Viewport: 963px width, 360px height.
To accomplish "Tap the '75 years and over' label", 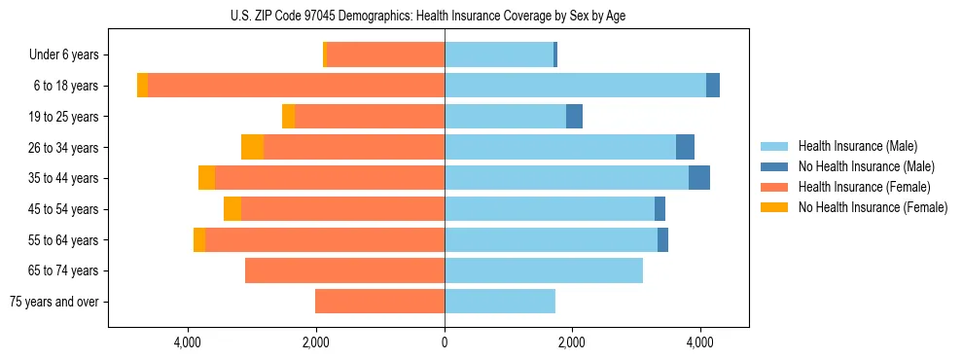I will coord(54,302).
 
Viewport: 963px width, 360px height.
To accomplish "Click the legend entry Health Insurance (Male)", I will coord(857,146).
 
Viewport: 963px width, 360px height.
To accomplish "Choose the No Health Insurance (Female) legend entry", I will coord(872,207).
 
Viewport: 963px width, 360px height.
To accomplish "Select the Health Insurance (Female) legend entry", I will coord(864,187).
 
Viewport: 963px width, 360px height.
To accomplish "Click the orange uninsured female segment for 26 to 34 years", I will coord(252,147).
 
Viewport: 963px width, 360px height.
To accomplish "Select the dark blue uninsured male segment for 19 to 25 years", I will coord(574,117).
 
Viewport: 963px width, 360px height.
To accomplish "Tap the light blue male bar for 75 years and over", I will coord(500,302).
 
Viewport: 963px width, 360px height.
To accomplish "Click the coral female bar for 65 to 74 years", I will coord(344,270).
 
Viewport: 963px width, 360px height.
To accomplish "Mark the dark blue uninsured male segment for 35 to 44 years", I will coord(699,178).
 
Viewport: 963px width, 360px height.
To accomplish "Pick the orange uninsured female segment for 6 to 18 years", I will coord(142,86).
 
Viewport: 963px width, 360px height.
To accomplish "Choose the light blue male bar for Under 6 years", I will coord(499,55).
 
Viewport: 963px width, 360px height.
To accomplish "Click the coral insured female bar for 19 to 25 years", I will coord(370,117).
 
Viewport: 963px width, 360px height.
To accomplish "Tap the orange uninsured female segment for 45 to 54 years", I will coord(232,209).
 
